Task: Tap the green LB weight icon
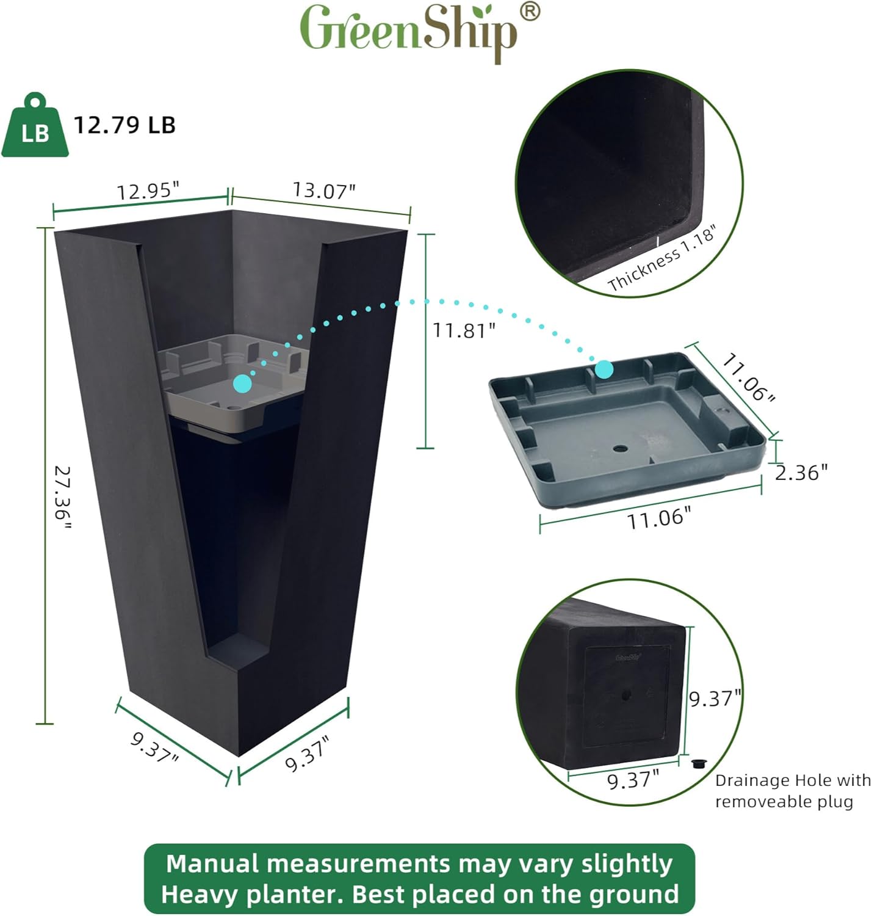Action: pyautogui.click(x=35, y=126)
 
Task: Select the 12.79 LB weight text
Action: pyautogui.click(x=124, y=125)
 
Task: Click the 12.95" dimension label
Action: pyautogui.click(x=148, y=191)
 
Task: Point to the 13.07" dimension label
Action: pyautogui.click(x=323, y=191)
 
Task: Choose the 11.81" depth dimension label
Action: pyautogui.click(x=464, y=330)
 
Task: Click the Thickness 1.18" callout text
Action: pyautogui.click(x=661, y=258)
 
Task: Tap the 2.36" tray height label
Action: pyautogui.click(x=801, y=472)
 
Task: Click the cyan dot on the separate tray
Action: pyautogui.click(x=604, y=369)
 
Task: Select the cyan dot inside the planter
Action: pyautogui.click(x=242, y=383)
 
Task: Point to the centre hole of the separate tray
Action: pyautogui.click(x=620, y=449)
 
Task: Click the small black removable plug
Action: pyautogui.click(x=699, y=763)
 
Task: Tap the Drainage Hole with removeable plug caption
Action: pyautogui.click(x=792, y=791)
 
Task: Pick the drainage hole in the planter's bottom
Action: pyautogui.click(x=626, y=695)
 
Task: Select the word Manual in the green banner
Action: pyautogui.click(x=213, y=864)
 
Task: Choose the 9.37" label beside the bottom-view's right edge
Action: pyautogui.click(x=715, y=698)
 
